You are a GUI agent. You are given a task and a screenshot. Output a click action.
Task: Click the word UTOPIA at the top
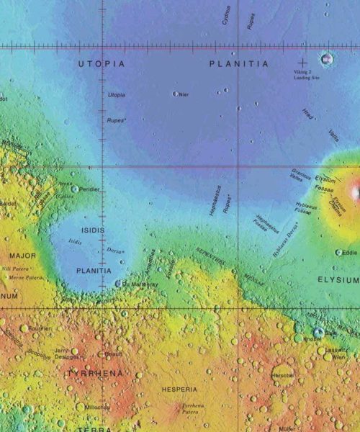[101, 64]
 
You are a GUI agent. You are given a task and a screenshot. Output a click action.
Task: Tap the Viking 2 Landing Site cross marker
[302, 63]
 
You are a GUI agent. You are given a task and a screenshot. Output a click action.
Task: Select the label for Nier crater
[184, 94]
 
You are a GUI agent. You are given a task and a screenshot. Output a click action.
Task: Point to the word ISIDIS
[93, 230]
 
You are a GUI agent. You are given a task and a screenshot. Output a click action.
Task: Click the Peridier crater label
[89, 189]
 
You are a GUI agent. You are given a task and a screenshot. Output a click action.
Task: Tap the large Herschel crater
[282, 375]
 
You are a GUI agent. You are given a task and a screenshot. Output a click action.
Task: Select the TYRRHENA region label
[95, 374]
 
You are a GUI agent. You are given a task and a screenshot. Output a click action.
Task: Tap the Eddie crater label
[350, 253]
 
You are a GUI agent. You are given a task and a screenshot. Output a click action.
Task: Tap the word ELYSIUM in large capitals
[338, 279]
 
